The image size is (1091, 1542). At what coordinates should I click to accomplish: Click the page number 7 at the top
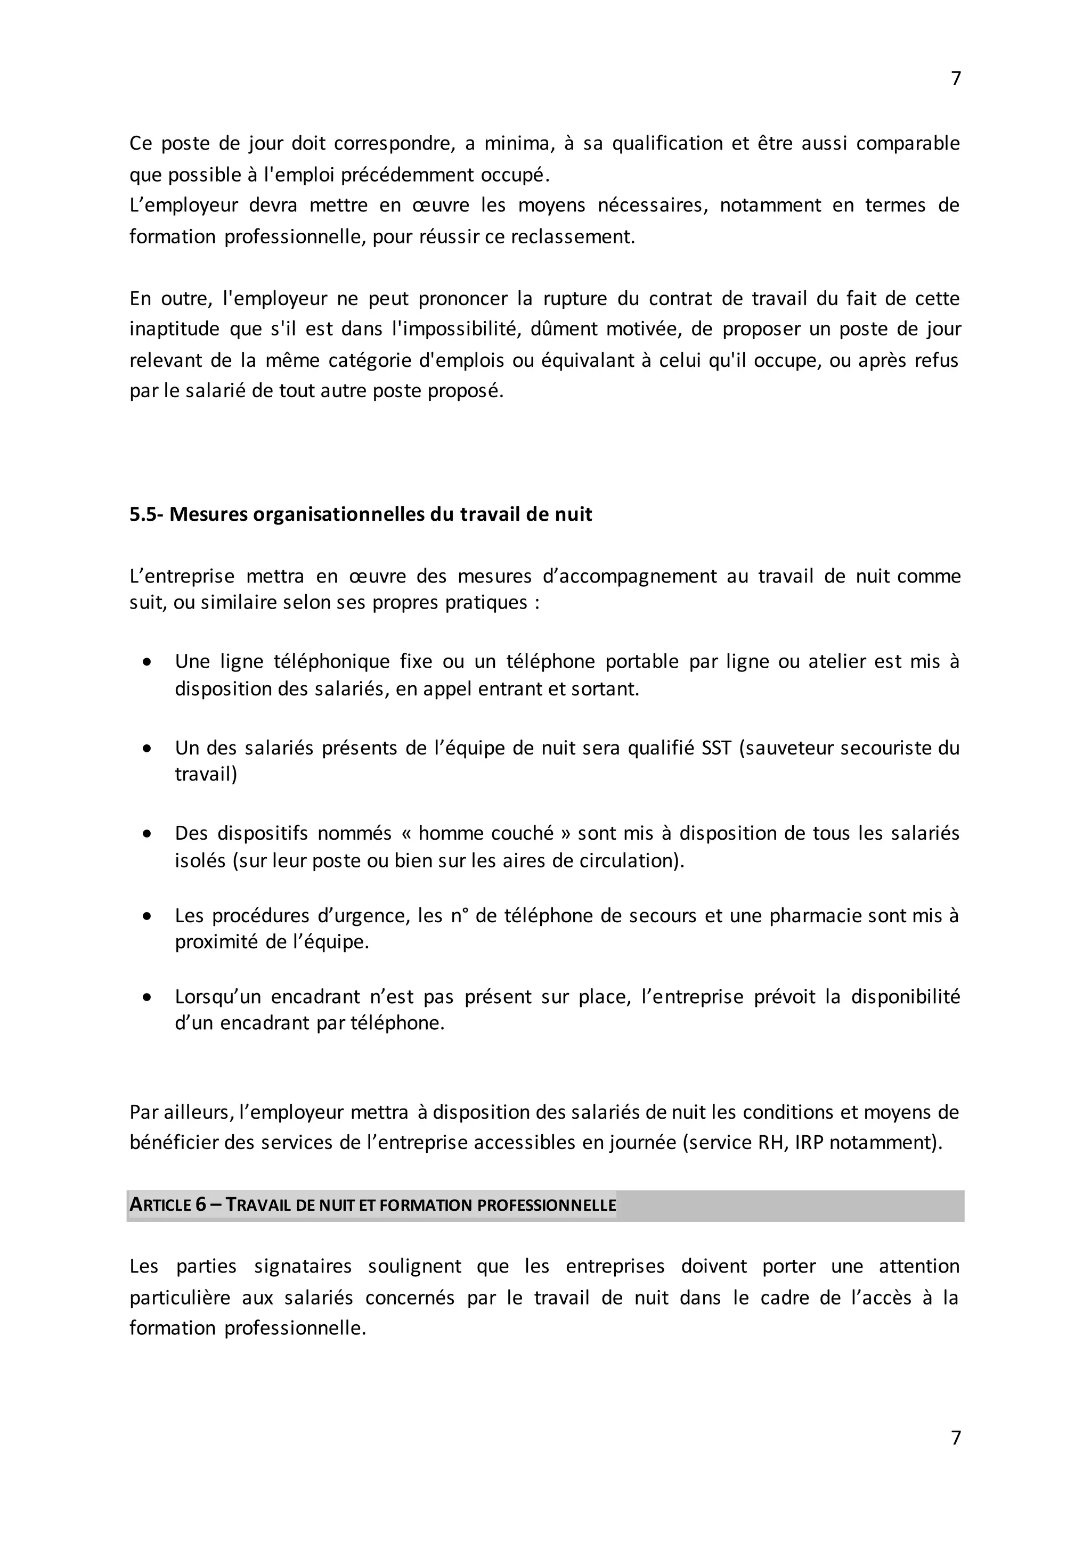(956, 79)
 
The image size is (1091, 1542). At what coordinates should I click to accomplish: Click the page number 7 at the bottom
(956, 1438)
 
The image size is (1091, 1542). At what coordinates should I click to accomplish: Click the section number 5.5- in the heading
(146, 514)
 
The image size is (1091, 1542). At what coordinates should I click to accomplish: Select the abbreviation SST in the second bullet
(715, 748)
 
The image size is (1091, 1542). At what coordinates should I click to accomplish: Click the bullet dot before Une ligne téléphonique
(147, 662)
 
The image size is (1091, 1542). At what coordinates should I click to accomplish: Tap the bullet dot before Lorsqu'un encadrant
(147, 997)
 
